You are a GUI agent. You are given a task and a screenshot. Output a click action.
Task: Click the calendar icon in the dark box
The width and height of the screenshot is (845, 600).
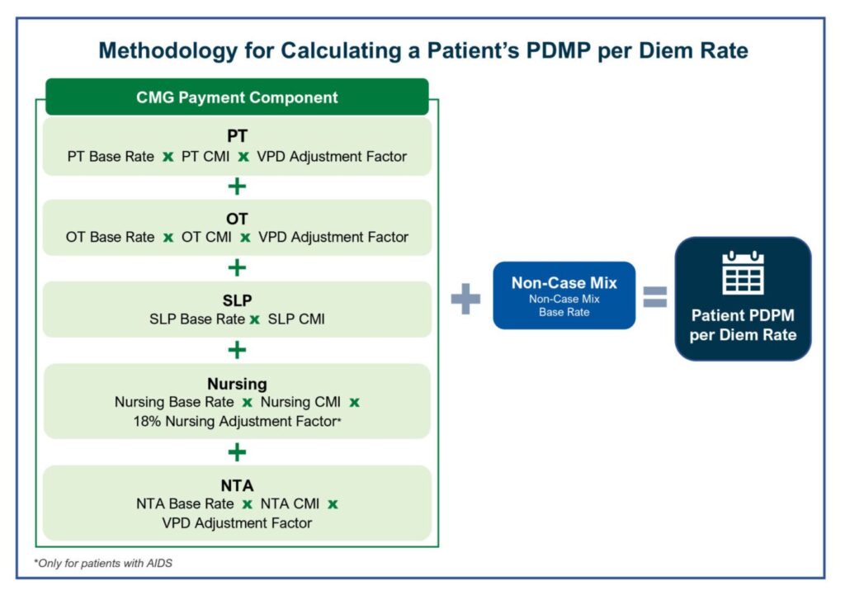[x=743, y=274]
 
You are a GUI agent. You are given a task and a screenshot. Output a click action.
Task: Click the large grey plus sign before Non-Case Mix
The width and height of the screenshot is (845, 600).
[x=465, y=298]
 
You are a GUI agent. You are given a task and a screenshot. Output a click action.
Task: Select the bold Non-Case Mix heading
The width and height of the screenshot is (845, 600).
[x=564, y=282]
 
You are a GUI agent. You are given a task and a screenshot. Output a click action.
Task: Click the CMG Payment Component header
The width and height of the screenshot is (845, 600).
[x=237, y=97]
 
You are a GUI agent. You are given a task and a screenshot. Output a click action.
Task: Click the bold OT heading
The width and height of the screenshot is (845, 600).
[x=237, y=218]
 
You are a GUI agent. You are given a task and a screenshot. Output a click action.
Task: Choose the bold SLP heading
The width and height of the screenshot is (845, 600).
[x=237, y=300]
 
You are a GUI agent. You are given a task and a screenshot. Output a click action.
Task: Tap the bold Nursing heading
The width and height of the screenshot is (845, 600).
[x=237, y=384]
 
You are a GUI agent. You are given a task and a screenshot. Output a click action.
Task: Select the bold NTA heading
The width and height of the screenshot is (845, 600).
[x=237, y=485]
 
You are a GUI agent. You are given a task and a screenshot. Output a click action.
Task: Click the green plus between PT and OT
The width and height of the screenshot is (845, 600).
[x=237, y=187]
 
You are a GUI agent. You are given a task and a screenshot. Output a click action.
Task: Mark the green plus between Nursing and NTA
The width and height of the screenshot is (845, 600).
[x=237, y=452]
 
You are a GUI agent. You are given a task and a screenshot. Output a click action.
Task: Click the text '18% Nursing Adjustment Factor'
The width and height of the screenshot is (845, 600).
[x=235, y=421]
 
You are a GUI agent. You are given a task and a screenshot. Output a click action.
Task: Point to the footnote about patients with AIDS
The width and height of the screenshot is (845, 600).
[x=103, y=563]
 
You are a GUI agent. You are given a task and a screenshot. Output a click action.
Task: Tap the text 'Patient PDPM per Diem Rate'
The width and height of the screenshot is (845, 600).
[x=743, y=324]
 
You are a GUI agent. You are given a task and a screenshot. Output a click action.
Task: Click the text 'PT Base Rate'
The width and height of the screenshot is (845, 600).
[x=110, y=156]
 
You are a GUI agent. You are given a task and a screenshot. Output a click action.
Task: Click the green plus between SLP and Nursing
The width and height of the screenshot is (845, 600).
[x=237, y=351]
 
